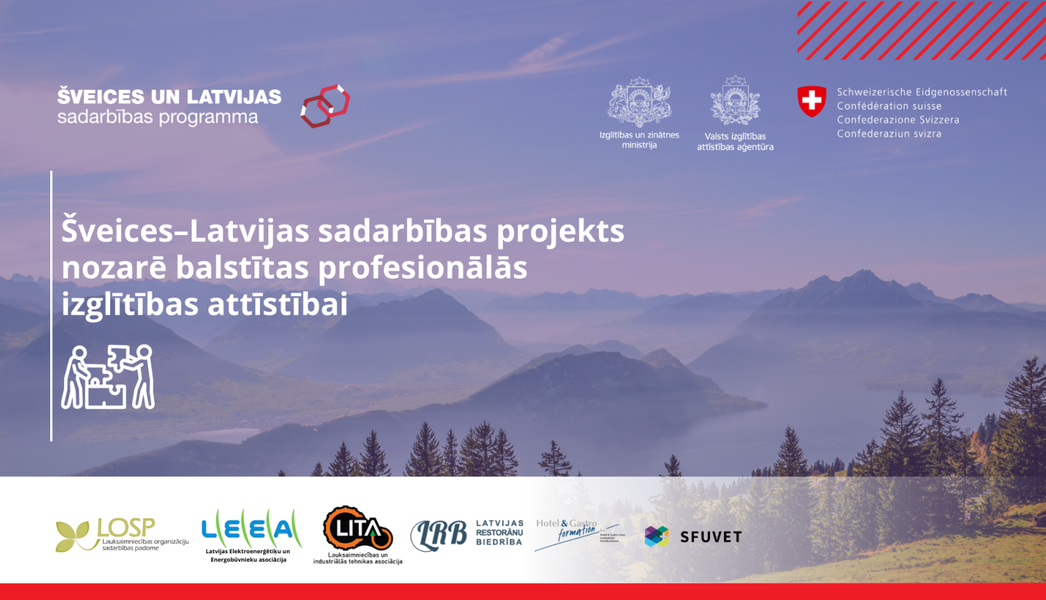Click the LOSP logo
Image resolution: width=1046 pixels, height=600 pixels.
pos(122,535)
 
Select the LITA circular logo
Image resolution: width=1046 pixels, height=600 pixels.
pos(358,530)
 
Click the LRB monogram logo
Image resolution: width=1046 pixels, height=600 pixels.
pos(439,535)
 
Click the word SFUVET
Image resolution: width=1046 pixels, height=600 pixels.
pos(711,537)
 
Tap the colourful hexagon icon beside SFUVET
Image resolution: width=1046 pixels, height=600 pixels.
pos(657,537)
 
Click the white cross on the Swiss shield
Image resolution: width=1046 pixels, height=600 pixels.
pos(812,101)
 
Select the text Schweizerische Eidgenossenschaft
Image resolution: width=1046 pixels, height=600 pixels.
pos(922,92)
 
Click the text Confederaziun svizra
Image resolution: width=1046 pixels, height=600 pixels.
pos(889,134)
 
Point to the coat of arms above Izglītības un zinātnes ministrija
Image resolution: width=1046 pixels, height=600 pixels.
pos(639,103)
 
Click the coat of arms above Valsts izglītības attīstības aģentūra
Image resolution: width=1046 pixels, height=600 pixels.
pos(735,102)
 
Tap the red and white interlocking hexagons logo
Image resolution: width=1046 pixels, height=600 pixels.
pos(325,106)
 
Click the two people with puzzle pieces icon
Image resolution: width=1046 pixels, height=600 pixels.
pos(108,377)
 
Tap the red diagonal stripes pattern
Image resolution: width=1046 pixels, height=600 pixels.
pos(920,30)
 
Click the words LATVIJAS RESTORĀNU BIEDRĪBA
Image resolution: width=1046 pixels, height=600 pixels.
pos(499,532)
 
